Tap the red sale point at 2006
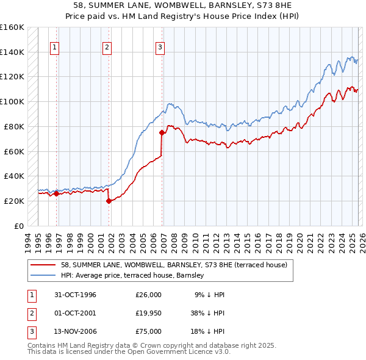point(162,132)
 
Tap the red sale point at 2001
point(109,200)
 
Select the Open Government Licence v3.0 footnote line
point(130,352)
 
